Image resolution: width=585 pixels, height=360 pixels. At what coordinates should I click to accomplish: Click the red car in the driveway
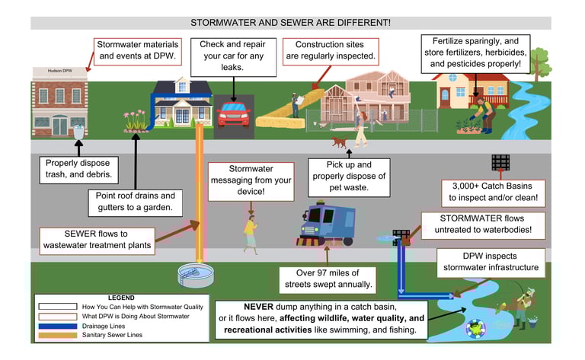[x=233, y=113]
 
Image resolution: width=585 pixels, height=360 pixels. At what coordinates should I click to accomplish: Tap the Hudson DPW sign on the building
[x=59, y=71]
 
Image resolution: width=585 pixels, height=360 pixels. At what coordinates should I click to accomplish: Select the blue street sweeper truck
[x=327, y=225]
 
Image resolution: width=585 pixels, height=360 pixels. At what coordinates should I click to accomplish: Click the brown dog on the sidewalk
[x=340, y=142]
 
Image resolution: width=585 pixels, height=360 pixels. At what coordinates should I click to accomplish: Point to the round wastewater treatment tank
[x=196, y=275]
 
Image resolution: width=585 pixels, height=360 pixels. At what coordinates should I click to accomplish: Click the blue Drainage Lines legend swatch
[x=58, y=326]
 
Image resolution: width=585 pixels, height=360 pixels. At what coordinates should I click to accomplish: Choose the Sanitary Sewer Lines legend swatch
[x=58, y=335]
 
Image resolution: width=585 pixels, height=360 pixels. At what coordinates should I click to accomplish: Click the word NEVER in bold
[x=258, y=307]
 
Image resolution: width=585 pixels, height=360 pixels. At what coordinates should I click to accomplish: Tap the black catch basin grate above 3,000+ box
[x=500, y=162]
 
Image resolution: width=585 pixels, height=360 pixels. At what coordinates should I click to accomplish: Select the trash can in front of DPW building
[x=78, y=132]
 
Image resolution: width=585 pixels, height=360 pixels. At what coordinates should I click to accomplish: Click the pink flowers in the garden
[x=135, y=121]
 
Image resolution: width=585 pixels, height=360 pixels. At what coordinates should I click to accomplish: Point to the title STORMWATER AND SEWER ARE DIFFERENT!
[x=291, y=23]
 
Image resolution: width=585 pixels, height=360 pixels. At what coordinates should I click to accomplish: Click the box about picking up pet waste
[x=349, y=177]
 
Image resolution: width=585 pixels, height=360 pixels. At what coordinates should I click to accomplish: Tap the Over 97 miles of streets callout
[x=328, y=279]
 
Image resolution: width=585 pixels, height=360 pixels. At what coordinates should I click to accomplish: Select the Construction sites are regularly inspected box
[x=331, y=52]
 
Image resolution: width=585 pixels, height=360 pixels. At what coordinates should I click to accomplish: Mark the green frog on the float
[x=475, y=328]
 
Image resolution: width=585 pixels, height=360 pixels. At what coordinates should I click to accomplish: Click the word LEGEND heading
[x=121, y=298]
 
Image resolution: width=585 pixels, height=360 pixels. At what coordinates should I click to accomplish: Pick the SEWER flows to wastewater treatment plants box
[x=97, y=241]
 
